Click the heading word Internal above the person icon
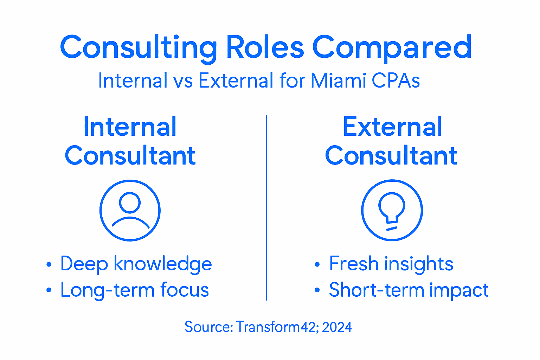point(130,127)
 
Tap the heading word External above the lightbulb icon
point(392,127)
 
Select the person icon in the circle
point(130,210)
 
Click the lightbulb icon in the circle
point(392,210)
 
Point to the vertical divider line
point(266,207)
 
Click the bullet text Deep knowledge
point(136,264)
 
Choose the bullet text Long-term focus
point(135,290)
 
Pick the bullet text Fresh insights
point(391,264)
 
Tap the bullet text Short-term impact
point(409,290)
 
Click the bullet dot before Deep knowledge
point(49,265)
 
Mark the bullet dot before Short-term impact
point(317,291)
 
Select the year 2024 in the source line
point(336,327)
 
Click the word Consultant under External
point(391,156)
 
